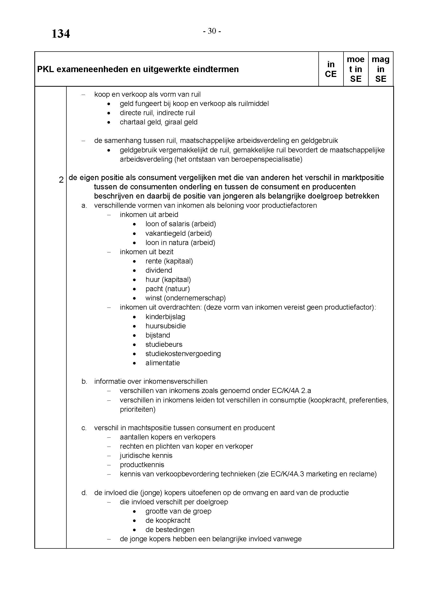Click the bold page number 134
point(60,34)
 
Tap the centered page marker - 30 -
point(212,31)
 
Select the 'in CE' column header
point(330,69)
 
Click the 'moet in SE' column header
point(355,69)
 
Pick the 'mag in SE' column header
point(380,69)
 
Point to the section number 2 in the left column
point(61,180)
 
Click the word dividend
point(158,270)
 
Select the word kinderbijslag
point(165,317)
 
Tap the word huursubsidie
point(166,326)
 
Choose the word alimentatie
point(163,363)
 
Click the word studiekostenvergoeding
point(183,353)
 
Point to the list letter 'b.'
point(84,381)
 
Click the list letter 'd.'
point(84,493)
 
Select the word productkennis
point(142,465)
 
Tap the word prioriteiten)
point(138,409)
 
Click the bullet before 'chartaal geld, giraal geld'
point(109,122)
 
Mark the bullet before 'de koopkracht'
point(134,520)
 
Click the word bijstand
point(158,335)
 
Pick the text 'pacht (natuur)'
point(168,289)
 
